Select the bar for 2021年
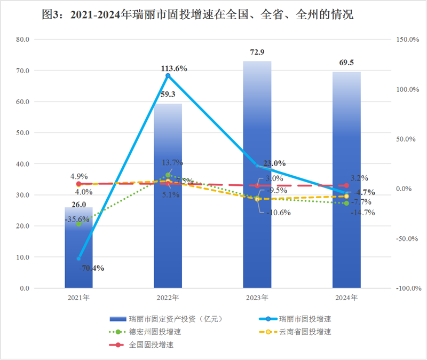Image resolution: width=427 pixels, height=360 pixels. (x=78, y=248)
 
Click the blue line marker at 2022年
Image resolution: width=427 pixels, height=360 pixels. (x=168, y=76)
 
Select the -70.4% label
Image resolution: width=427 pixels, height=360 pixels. (x=91, y=268)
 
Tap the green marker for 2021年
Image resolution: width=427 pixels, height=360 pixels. (x=79, y=224)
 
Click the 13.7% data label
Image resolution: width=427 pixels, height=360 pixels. (x=174, y=163)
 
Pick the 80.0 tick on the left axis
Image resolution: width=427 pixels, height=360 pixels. (x=23, y=40)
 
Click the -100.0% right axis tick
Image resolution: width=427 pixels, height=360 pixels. (x=407, y=288)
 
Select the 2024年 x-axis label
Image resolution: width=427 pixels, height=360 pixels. (x=346, y=297)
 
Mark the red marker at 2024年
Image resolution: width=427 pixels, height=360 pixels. (x=347, y=185)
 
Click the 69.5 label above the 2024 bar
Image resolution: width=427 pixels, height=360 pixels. (x=346, y=62)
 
